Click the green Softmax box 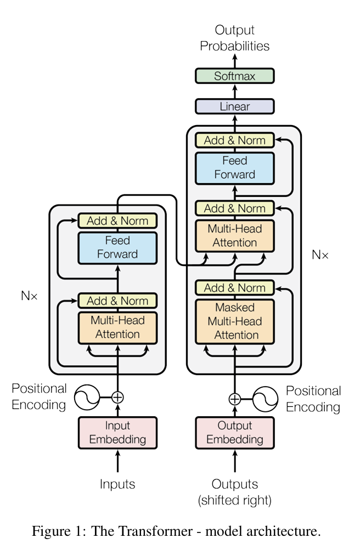point(235,76)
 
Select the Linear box point(235,106)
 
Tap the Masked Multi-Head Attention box point(235,321)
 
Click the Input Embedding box point(117,433)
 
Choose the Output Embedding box point(235,433)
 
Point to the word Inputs point(117,484)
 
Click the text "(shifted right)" point(235,500)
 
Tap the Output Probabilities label point(235,38)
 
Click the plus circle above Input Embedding point(117,398)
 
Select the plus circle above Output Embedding point(235,399)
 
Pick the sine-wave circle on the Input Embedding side point(87,398)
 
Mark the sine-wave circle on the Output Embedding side point(265,399)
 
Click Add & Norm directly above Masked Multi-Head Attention point(235,287)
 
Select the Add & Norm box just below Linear point(235,140)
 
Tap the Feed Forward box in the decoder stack point(235,168)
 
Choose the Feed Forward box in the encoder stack point(117,247)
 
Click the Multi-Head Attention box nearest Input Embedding point(117,327)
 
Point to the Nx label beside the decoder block point(320,255)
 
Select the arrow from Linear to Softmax point(235,91)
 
